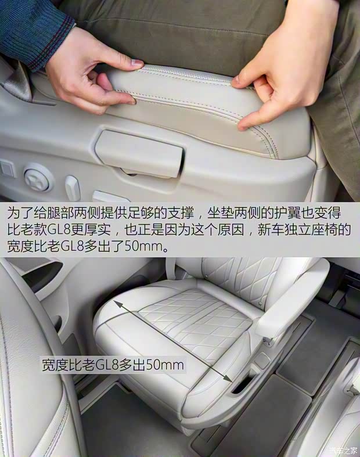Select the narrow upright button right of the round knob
click(x=73, y=188)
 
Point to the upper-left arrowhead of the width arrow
click(x=117, y=304)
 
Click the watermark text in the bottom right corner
click(x=343, y=450)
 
